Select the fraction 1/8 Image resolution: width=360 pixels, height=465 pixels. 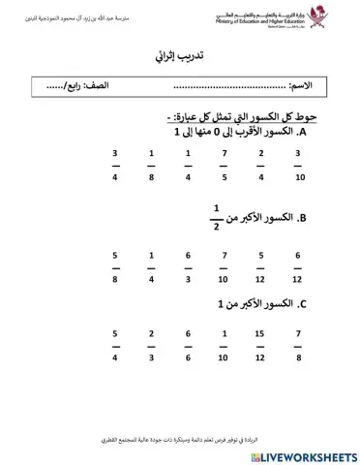point(151,165)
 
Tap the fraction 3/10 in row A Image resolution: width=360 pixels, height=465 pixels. point(298,165)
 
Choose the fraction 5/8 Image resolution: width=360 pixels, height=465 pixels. point(115,265)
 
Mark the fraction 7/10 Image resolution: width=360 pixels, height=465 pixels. point(225,265)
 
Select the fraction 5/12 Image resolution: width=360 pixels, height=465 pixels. point(261,265)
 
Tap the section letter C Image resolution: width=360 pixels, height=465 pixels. point(302,304)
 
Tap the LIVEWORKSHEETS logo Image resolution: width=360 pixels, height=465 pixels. point(304,453)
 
